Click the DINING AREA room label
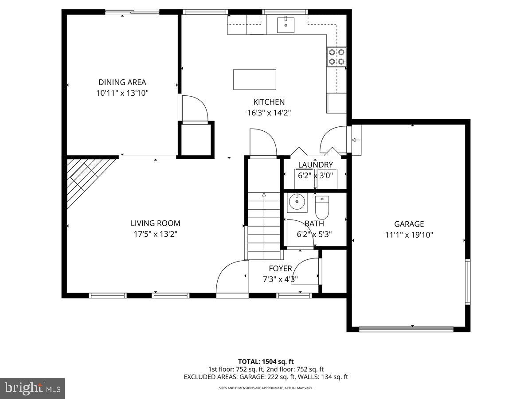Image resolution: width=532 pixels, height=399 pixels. pyautogui.click(x=122, y=82)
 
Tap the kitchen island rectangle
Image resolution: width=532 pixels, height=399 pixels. pyautogui.click(x=254, y=79)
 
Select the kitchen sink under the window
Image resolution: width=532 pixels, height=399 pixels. pyautogui.click(x=285, y=25)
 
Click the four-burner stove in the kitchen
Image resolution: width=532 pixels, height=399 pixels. pyautogui.click(x=336, y=57)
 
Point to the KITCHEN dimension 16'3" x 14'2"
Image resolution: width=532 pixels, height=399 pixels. pyautogui.click(x=269, y=113)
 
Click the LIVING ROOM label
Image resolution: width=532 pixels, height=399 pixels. pyautogui.click(x=155, y=223)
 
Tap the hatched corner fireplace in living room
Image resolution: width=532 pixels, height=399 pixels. pyautogui.click(x=86, y=177)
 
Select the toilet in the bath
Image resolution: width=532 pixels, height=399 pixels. pyautogui.click(x=322, y=205)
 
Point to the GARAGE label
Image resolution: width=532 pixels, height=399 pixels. pyautogui.click(x=409, y=224)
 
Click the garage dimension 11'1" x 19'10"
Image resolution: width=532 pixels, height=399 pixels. pyautogui.click(x=409, y=235)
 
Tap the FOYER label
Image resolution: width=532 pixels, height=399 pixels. pyautogui.click(x=280, y=269)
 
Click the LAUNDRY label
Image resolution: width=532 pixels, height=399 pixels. pyautogui.click(x=315, y=165)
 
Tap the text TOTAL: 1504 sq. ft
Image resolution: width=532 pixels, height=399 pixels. pyautogui.click(x=266, y=361)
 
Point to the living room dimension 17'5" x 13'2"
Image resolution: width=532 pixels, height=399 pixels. pyautogui.click(x=155, y=234)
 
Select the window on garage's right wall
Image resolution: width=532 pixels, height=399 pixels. pyautogui.click(x=467, y=282)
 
